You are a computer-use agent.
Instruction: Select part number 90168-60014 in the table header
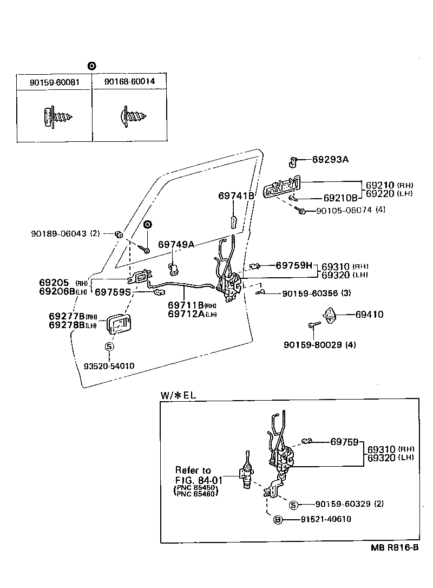(129, 82)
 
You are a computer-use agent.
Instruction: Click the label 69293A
(330, 160)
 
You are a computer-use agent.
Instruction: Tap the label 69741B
(236, 195)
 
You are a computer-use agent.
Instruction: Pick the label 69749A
(176, 244)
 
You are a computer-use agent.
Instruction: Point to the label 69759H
(294, 265)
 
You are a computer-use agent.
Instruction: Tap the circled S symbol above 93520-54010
(109, 347)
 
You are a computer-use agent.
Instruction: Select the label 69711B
(185, 305)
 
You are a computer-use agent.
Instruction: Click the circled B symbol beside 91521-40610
(278, 519)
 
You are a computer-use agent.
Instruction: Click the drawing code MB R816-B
(394, 547)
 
